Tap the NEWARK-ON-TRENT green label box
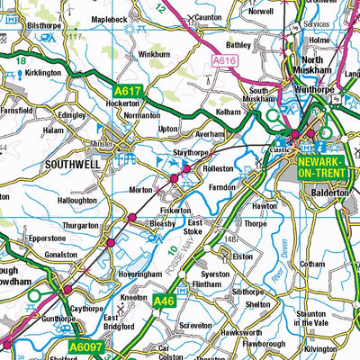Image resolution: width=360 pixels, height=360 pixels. pyautogui.click(x=320, y=166)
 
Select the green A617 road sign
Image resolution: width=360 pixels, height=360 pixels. pyautogui.click(x=129, y=91)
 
